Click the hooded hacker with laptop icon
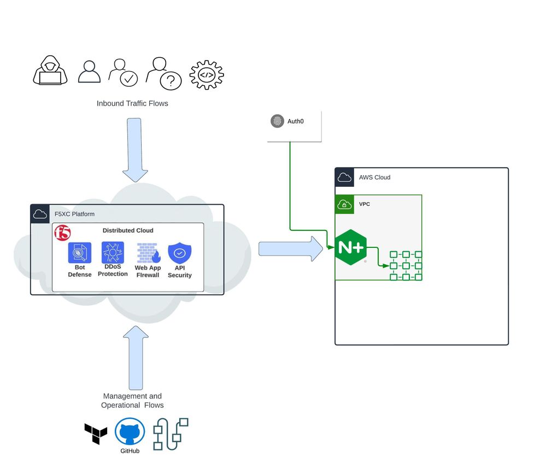(51, 72)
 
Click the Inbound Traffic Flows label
(132, 103)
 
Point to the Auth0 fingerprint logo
(278, 121)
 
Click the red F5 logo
(63, 233)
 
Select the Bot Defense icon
(80, 253)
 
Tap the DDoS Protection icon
(113, 253)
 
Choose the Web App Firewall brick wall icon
(148, 253)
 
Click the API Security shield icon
(179, 253)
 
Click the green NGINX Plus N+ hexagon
(350, 247)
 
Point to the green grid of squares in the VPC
(406, 266)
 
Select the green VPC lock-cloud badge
(344, 205)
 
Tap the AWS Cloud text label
(374, 177)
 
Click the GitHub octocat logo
(130, 433)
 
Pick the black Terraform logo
(96, 434)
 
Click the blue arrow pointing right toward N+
(290, 249)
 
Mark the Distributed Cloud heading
(128, 230)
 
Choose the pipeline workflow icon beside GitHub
(171, 434)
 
